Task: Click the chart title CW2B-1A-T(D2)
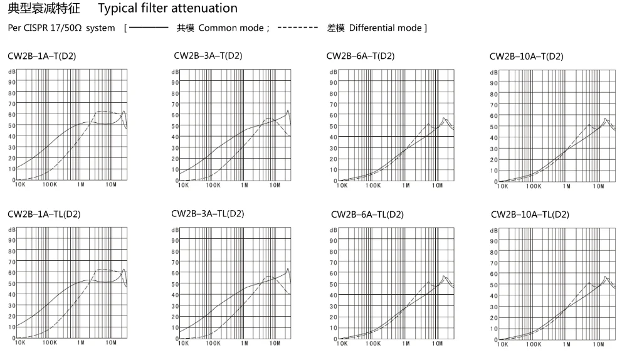point(42,56)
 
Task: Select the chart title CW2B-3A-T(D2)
point(208,56)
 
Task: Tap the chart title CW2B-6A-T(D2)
point(361,56)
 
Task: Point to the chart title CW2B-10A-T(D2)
point(527,56)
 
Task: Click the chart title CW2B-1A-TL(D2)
point(44,214)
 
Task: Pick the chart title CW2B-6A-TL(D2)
point(367,214)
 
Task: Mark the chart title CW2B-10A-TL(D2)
point(530,214)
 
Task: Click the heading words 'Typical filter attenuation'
point(167,9)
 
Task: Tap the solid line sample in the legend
point(149,28)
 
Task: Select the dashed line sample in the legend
point(298,28)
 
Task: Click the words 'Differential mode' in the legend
point(385,28)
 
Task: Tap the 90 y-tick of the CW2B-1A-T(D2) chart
point(11,82)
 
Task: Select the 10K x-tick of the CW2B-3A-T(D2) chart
point(183,185)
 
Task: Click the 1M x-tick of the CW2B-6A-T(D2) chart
point(406,186)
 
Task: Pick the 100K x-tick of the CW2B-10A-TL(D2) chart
point(534,344)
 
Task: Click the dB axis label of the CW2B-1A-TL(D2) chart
point(11,230)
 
